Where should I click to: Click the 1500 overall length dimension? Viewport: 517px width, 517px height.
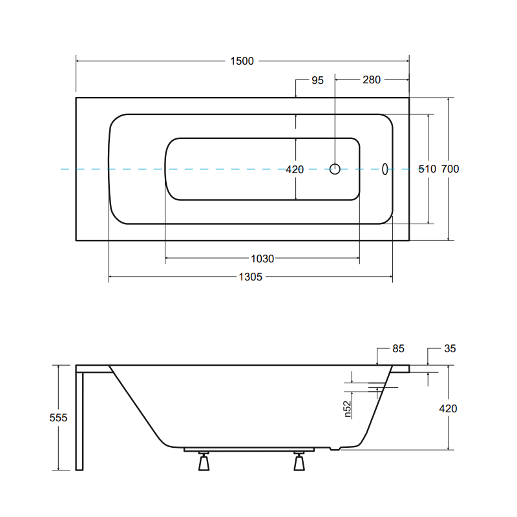coord(242,61)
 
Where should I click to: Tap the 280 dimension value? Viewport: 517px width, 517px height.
coord(372,79)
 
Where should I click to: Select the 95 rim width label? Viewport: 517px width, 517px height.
coord(317,80)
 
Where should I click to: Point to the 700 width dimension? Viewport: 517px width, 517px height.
coord(450,169)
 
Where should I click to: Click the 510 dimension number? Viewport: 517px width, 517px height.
coord(427,169)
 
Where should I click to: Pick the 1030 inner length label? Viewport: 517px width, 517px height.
coord(262,259)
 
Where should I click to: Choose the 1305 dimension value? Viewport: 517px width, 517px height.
coord(251,277)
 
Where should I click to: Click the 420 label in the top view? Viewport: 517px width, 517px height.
coord(295,170)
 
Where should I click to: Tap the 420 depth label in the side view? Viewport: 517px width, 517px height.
coord(448,409)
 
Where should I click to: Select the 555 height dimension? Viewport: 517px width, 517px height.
coord(58,417)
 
